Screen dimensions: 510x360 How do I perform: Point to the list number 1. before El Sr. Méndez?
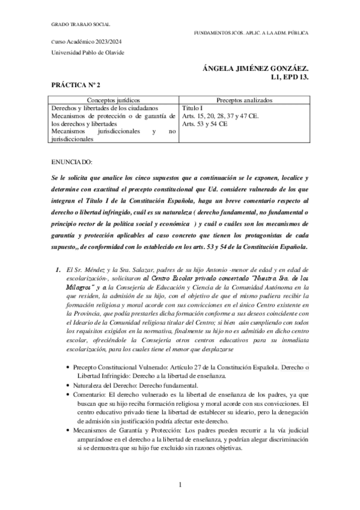59,254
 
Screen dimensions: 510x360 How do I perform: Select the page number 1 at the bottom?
180,484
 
